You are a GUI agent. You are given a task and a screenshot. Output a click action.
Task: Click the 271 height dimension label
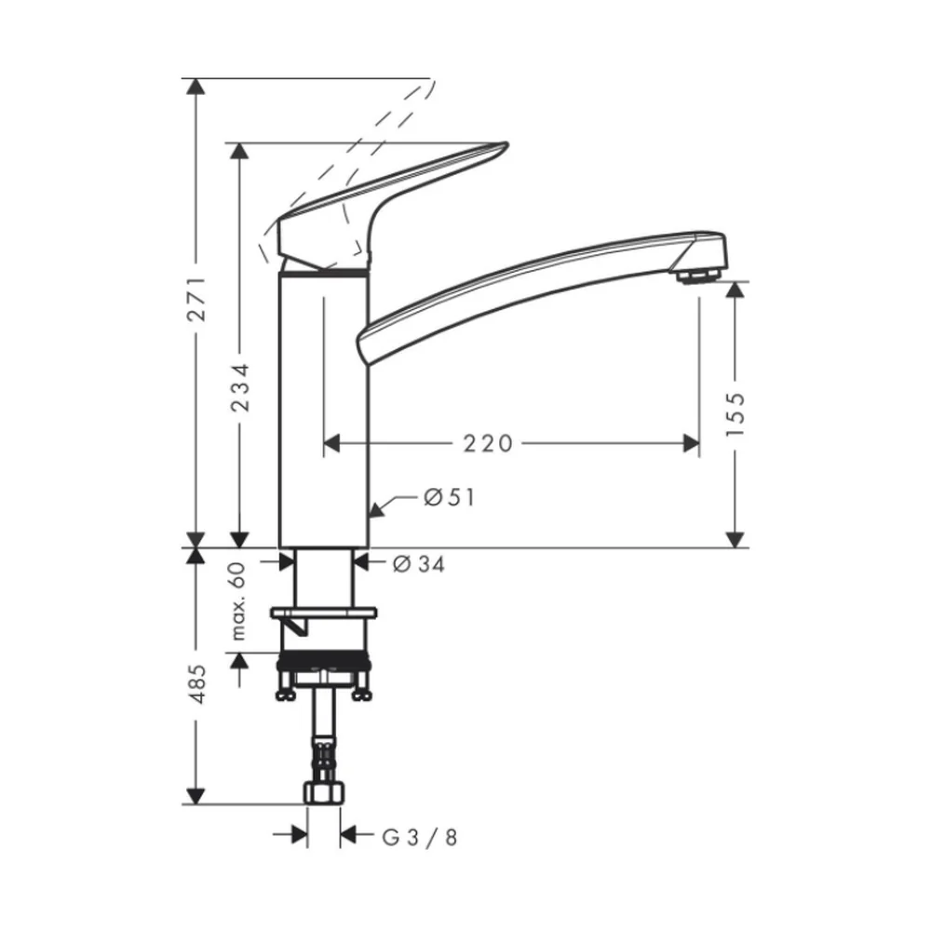point(196,299)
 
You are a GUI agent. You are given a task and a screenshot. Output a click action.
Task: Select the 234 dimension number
point(240,387)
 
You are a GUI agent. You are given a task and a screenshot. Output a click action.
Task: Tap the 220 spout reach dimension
point(488,443)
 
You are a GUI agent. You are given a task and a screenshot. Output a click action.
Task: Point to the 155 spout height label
point(735,414)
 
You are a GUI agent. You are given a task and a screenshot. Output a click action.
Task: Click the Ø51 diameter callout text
point(450,497)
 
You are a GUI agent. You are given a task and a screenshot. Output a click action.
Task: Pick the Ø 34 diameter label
point(419,564)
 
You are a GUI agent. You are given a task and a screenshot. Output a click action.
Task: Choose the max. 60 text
point(237,600)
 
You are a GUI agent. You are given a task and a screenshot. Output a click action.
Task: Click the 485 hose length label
point(196,684)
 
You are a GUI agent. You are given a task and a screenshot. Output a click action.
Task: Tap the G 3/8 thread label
point(420,838)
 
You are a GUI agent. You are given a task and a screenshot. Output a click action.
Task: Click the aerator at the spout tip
point(697,276)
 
